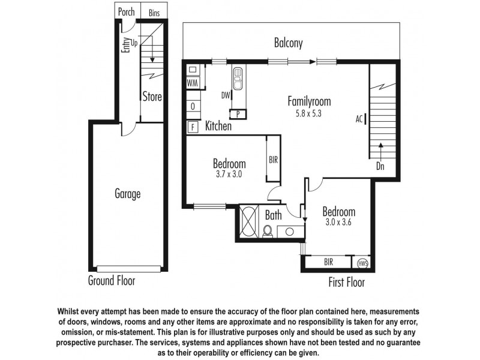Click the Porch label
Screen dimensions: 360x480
(127, 11)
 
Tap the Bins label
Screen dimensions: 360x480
(154, 11)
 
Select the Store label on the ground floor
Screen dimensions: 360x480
(152, 96)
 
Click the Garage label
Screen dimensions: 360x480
(127, 194)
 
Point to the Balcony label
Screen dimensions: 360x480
(289, 43)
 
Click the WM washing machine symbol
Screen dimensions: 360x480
(193, 83)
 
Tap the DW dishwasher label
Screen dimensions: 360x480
(226, 95)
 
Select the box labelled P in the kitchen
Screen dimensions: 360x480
(238, 113)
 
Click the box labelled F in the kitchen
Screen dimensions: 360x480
(193, 127)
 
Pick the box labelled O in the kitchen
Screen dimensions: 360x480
(193, 106)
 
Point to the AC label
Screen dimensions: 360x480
(359, 119)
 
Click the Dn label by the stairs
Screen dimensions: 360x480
(380, 166)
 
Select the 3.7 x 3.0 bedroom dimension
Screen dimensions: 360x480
(229, 175)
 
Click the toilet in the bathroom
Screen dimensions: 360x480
(268, 230)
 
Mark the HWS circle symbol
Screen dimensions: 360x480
(362, 263)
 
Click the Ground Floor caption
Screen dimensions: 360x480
(112, 281)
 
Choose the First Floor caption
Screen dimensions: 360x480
(346, 282)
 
